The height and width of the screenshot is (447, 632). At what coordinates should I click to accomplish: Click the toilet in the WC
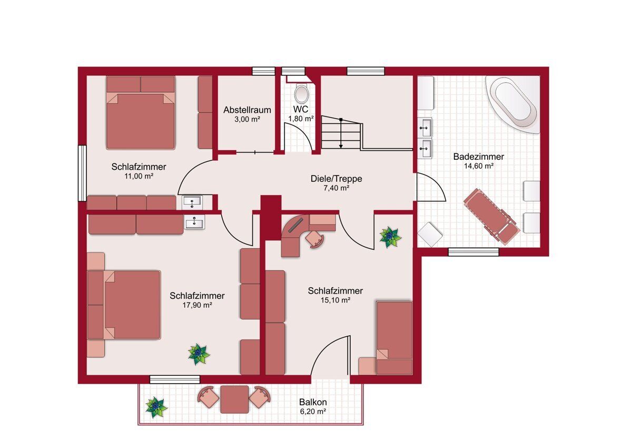[301, 94]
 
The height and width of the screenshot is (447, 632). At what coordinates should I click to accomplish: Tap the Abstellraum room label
[247, 110]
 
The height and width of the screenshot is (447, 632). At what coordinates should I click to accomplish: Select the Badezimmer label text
[479, 157]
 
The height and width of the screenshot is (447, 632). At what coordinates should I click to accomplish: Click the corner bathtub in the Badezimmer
[513, 104]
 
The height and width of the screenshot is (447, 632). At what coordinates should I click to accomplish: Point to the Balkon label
[313, 402]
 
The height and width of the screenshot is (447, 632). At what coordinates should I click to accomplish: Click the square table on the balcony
[234, 400]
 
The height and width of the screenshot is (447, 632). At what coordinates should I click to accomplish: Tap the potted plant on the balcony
[156, 407]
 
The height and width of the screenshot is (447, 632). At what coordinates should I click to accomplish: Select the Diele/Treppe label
[337, 179]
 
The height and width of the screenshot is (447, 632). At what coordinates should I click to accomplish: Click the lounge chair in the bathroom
[492, 216]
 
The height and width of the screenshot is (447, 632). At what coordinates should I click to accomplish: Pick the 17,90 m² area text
[197, 305]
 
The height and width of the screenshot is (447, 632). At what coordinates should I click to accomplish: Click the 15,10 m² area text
[335, 300]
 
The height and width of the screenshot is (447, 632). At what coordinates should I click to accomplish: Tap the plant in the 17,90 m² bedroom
[199, 354]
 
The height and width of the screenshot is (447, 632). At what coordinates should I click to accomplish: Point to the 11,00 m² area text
[139, 176]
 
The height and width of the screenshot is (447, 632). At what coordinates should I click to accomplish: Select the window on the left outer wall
[82, 173]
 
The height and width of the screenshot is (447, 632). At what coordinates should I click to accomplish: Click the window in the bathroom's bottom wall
[473, 252]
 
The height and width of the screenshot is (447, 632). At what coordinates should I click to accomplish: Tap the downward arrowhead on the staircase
[341, 146]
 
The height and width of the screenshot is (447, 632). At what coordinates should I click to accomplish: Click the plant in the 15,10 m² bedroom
[390, 237]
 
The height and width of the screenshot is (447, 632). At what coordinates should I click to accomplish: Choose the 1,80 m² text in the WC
[301, 119]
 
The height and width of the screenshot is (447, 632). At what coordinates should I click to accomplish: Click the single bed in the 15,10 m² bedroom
[394, 338]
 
